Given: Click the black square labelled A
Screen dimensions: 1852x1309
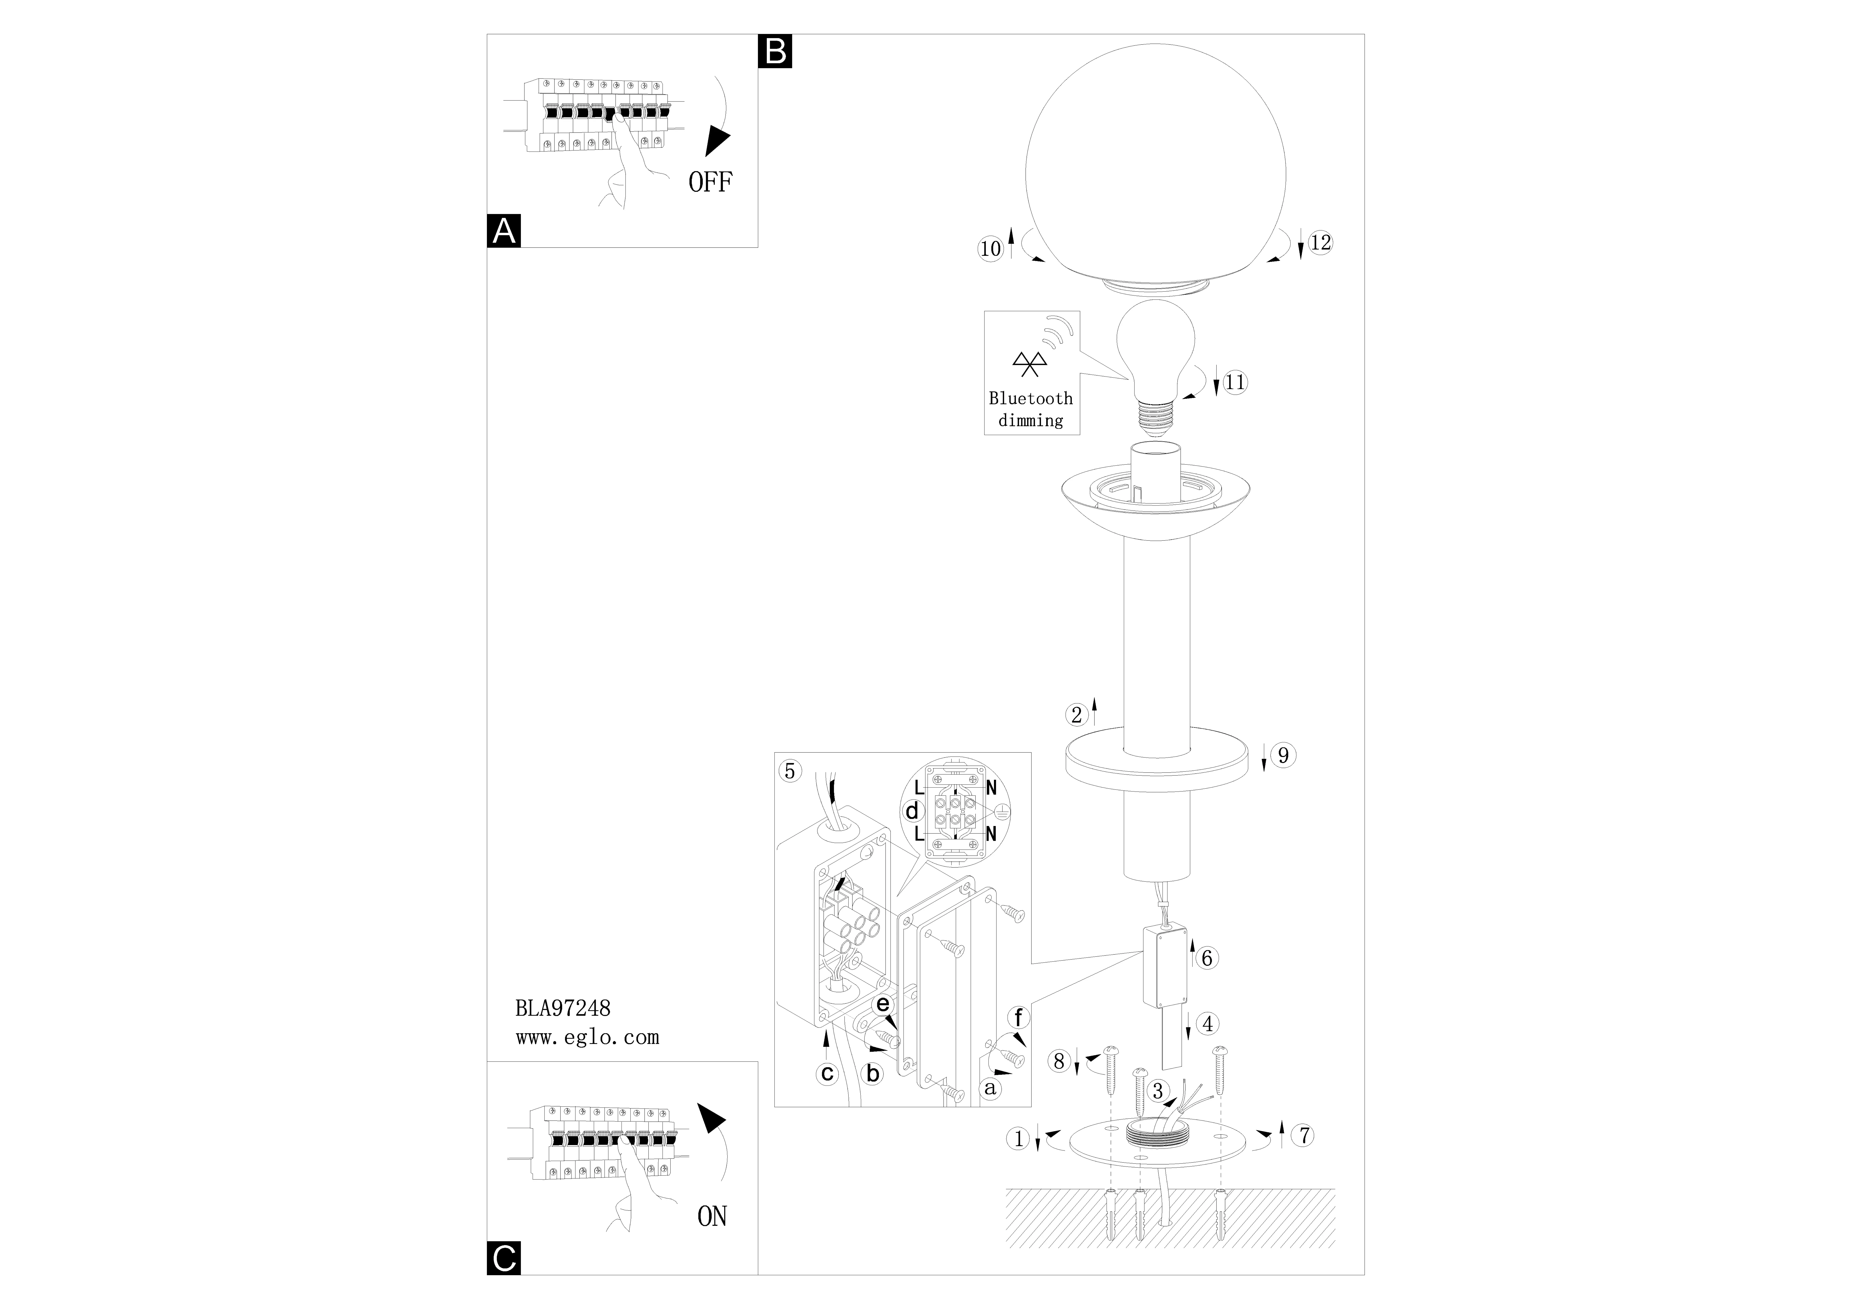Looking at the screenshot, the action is point(504,231).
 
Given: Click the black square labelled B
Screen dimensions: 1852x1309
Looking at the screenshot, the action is point(775,51).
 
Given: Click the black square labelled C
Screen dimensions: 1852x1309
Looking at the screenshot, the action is point(504,1258).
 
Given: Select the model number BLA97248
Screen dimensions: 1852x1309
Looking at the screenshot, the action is point(562,1008).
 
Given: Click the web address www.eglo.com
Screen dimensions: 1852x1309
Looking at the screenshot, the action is point(587,1037).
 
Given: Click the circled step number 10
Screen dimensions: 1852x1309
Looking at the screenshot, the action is point(991,249).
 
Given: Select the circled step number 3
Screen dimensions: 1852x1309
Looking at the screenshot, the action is point(1158,1091).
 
